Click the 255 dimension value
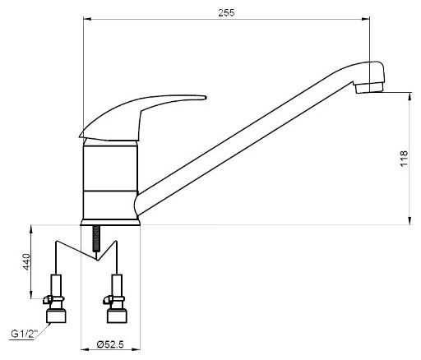226,12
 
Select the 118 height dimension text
404,159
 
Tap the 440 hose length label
26,261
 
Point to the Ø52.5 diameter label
110,344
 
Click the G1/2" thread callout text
25,334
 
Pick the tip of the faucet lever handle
205,97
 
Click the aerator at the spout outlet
368,88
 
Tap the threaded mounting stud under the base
96,238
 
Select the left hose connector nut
55,316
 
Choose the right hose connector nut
117,316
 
